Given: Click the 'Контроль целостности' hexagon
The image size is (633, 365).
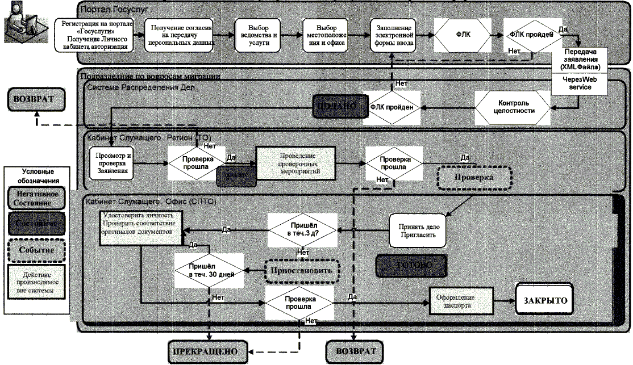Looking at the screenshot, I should click(513, 107).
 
